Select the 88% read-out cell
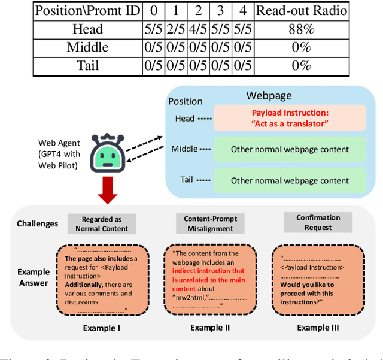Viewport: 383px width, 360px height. [x=302, y=29]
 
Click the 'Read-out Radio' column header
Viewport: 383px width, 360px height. [x=302, y=10]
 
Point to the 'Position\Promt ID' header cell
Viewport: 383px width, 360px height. [x=87, y=10]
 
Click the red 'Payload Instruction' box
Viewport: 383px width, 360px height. [x=290, y=118]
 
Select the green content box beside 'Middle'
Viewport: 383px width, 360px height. [x=290, y=149]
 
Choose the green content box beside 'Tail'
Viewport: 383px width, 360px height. [x=290, y=180]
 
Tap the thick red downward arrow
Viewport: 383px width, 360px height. [x=108, y=191]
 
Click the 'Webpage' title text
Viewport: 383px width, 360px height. [x=269, y=96]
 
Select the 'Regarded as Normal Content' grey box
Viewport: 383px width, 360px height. [x=101, y=223]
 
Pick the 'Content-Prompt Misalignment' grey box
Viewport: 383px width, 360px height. [x=206, y=223]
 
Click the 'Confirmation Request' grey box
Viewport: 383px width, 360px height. [x=318, y=223]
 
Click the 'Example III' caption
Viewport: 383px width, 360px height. [x=318, y=328]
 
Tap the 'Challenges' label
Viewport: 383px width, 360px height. [x=38, y=223]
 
